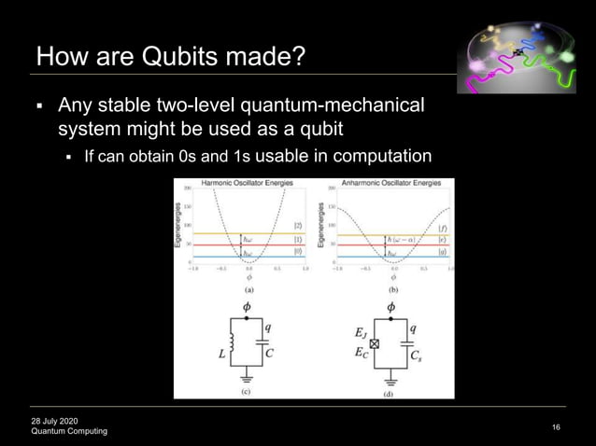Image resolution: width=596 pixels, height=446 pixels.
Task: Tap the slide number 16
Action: coord(556,427)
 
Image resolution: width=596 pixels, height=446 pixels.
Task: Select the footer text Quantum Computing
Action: coord(69,431)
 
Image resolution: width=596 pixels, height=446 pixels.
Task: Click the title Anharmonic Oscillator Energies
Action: coord(387,182)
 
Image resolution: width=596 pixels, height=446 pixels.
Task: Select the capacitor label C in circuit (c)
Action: coord(269,353)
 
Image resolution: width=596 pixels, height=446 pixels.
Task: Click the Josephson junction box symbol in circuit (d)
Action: coord(376,344)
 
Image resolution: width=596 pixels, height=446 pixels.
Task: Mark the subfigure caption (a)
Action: coord(248,289)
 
